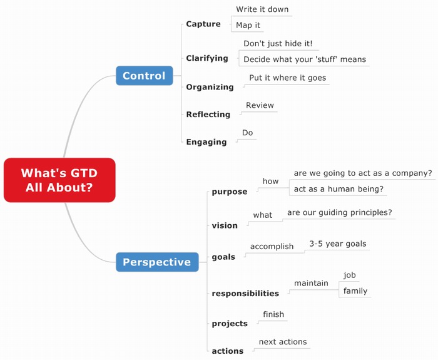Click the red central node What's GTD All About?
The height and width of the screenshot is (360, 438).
59,180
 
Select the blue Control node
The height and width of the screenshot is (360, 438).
144,76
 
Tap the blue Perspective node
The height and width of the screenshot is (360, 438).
156,262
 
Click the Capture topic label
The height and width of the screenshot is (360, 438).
203,24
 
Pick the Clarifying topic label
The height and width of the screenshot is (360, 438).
207,58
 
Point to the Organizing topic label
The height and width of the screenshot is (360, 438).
210,87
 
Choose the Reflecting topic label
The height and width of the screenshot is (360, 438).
208,115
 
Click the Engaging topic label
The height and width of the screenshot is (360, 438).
206,142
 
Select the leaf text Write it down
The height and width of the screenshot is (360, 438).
262,9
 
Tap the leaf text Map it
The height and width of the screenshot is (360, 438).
248,26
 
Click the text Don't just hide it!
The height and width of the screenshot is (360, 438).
278,44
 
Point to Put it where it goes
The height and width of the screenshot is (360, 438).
287,78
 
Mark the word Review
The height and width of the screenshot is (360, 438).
260,105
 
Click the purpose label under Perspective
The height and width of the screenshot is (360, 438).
230,192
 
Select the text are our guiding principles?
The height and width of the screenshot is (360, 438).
340,213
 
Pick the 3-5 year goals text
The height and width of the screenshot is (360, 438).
337,244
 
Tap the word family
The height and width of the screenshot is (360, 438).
355,291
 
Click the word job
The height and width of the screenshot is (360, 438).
350,275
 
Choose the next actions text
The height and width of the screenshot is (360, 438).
283,342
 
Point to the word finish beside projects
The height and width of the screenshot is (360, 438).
273,314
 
